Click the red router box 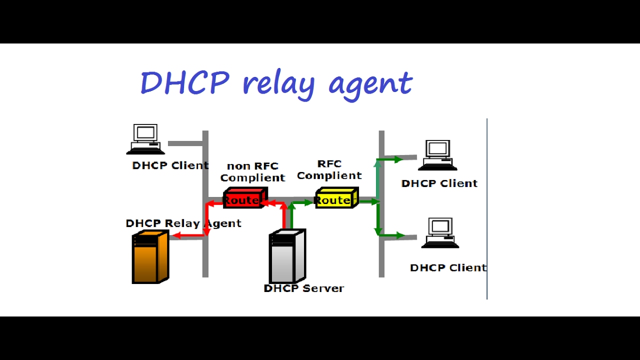coord(244,198)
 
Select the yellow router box coord(336,198)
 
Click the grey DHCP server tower coord(287,256)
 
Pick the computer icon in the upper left coord(145,139)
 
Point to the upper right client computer coord(437,155)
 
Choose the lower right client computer coord(440,233)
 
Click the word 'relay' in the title coord(278,83)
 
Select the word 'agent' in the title coord(370,84)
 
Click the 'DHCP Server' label coord(303,288)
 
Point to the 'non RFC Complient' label coord(252,171)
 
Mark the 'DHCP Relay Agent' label coord(183,223)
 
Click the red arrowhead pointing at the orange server coord(176,235)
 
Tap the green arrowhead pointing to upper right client coord(398,159)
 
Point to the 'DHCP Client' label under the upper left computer coord(170,165)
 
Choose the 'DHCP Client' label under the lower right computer coord(448,267)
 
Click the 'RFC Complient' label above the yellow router coord(329,169)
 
